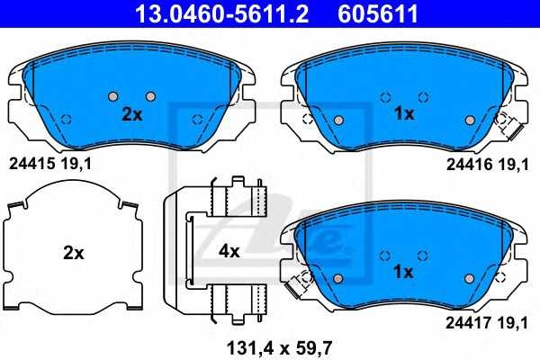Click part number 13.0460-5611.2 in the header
[x=221, y=13]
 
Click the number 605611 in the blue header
[x=378, y=13]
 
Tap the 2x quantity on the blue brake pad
[x=132, y=114]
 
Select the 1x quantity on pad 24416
[x=404, y=113]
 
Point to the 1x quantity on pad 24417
[x=403, y=272]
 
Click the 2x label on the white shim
[x=74, y=253]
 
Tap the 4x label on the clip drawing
[x=229, y=252]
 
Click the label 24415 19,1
[x=50, y=164]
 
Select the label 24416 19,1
[x=487, y=165]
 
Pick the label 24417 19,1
[x=487, y=323]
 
